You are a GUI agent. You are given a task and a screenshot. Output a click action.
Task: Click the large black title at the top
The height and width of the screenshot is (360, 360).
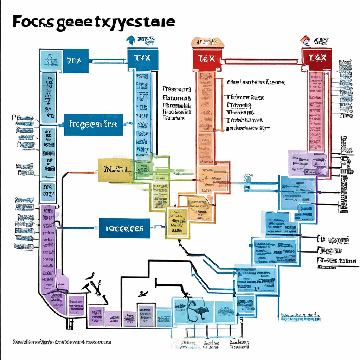click(94, 22)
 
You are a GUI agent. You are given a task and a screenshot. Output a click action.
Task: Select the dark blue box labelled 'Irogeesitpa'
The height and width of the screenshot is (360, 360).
click(94, 124)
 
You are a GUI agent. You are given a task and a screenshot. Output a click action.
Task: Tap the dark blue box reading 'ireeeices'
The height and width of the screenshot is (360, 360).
click(124, 228)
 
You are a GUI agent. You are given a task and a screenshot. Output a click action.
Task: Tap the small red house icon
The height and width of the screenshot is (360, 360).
click(306, 41)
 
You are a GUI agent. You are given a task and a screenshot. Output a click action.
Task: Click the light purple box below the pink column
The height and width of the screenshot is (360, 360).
click(307, 163)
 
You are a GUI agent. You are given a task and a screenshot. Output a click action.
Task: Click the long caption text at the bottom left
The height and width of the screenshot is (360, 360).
click(62, 342)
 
